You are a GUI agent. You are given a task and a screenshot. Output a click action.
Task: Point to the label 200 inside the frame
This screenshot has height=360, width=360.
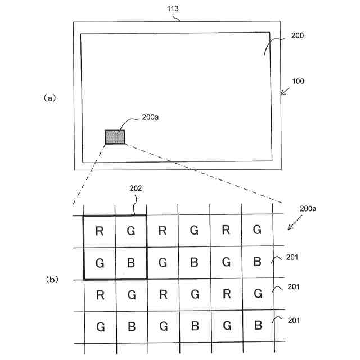point(298,35)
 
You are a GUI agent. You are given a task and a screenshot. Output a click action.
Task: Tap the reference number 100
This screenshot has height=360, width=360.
point(298,81)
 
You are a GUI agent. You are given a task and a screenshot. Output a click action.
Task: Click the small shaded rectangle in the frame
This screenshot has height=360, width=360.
point(115,136)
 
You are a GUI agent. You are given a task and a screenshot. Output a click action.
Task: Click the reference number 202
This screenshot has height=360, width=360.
point(134,189)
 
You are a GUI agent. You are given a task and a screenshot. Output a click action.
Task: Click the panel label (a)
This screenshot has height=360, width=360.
point(50,97)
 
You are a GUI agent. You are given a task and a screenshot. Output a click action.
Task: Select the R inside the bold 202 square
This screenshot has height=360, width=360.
point(100,230)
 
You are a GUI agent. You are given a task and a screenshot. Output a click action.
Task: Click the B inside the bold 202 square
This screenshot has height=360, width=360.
point(131,262)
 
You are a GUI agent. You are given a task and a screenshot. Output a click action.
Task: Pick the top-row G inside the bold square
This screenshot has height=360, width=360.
point(131,230)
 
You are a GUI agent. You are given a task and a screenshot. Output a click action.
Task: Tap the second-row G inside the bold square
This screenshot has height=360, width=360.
point(100,262)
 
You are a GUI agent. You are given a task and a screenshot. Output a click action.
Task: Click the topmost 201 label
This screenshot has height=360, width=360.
point(292,258)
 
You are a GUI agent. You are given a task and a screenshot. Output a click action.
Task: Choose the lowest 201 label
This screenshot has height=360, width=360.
point(292,321)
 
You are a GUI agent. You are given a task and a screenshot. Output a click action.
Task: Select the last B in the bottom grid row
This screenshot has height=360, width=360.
point(257,326)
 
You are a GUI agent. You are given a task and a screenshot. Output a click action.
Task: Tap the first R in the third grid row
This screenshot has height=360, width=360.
point(100,294)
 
